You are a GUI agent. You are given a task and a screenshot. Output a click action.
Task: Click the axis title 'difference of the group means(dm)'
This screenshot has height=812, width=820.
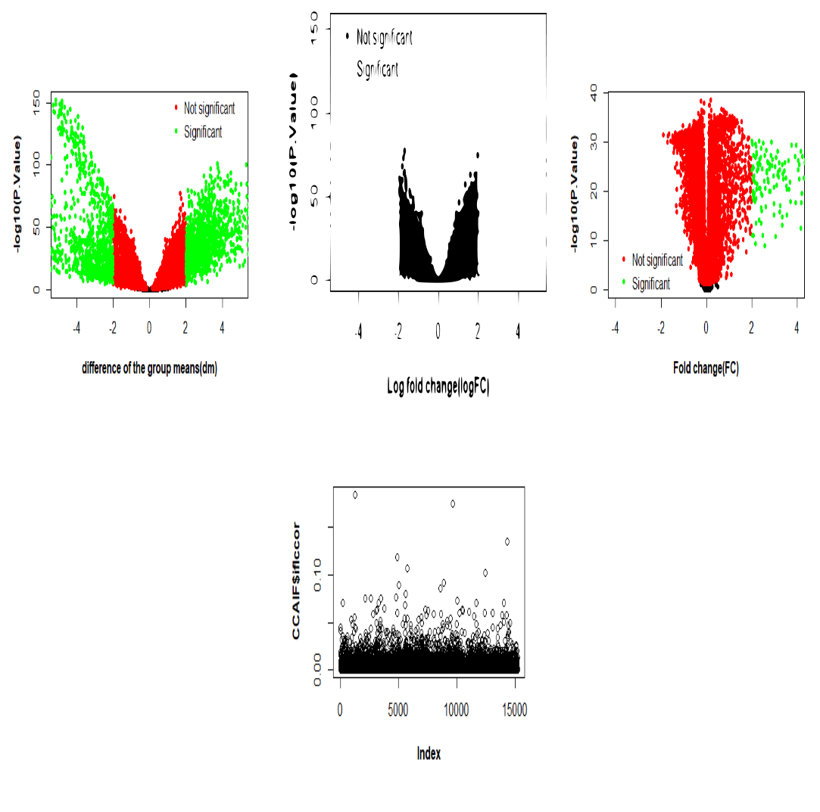point(149,369)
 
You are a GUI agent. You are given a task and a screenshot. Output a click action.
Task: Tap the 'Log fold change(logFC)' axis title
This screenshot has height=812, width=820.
point(438,387)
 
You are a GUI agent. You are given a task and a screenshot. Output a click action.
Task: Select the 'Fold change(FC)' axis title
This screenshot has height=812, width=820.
point(706,369)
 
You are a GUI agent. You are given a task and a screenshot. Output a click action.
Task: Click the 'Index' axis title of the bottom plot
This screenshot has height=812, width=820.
point(429,753)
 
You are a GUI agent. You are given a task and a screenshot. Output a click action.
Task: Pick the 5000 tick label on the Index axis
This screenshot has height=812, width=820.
point(398,711)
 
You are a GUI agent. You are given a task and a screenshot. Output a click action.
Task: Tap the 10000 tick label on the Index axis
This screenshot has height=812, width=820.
point(455,711)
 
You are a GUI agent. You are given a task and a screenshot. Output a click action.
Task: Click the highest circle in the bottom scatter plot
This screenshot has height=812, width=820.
point(354,494)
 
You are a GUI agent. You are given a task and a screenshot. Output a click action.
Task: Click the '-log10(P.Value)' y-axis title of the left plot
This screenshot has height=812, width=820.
point(17,193)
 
